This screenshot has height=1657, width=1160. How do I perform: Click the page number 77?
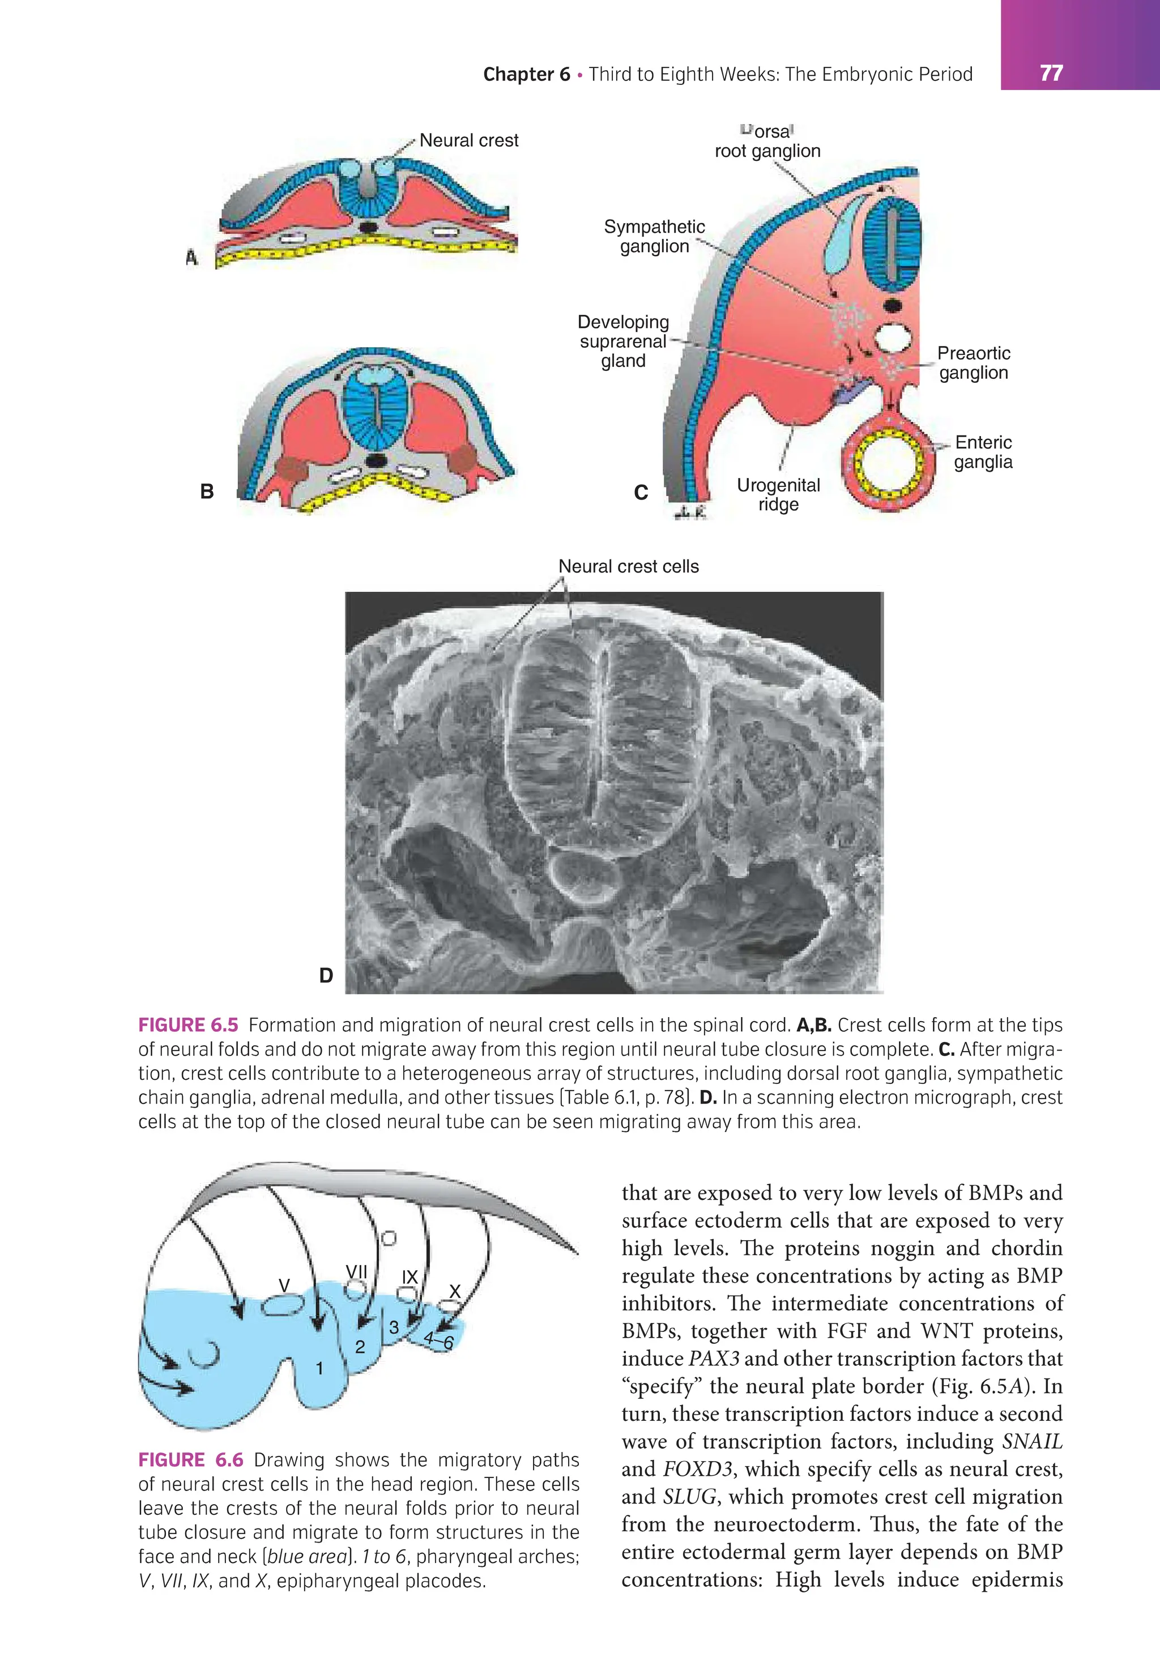[1051, 73]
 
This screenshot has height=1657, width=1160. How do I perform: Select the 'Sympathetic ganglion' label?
[654, 237]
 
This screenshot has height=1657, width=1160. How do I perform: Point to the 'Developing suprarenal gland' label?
[624, 341]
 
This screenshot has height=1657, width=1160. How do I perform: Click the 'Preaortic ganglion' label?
[973, 363]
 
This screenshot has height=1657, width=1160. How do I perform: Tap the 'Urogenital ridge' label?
[778, 495]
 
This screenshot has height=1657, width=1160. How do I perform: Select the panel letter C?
[640, 493]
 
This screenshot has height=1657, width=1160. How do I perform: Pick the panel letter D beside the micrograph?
[326, 976]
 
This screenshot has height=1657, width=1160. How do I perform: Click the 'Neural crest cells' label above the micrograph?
[628, 566]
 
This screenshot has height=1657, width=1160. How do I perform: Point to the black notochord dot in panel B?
[376, 460]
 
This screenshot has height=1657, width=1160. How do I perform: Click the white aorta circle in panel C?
[894, 338]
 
